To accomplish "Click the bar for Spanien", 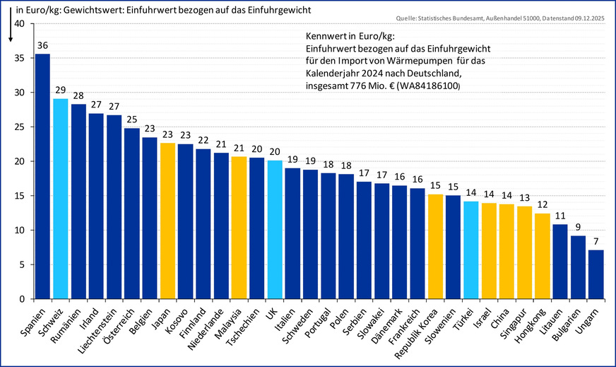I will click(x=42, y=176).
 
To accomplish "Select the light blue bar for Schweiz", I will click(x=61, y=199).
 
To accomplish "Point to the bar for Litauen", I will click(x=560, y=262).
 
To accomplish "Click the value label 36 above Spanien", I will click(x=42, y=45).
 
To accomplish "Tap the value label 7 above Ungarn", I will click(x=596, y=242).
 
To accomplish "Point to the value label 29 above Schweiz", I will click(x=61, y=90).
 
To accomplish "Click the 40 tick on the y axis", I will click(x=18, y=24).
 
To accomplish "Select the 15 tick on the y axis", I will click(x=18, y=196).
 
